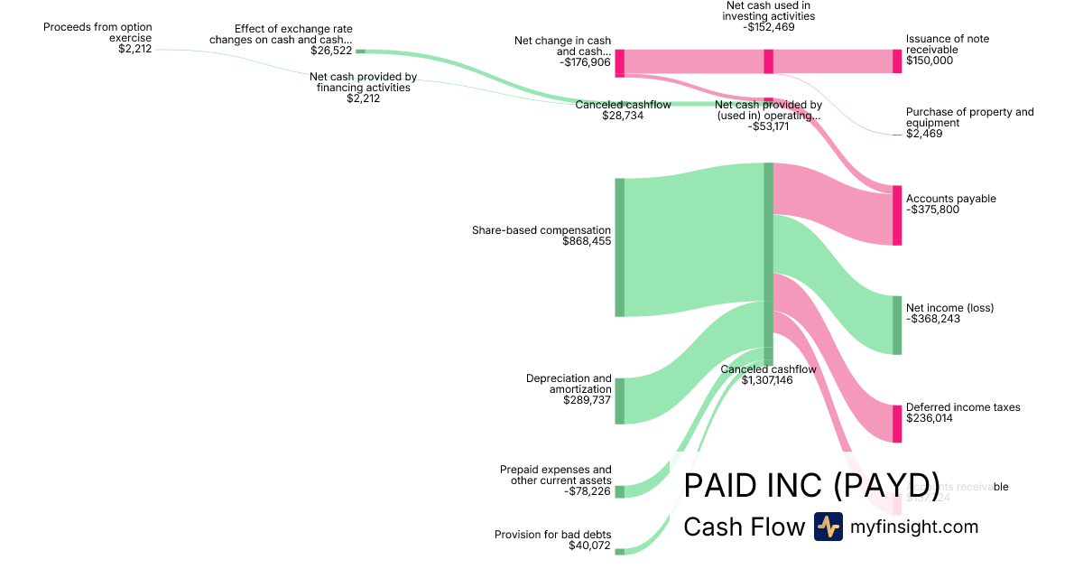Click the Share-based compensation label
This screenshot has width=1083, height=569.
[x=541, y=230]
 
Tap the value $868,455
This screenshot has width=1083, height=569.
[x=586, y=242]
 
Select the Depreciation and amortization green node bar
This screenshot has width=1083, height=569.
[x=619, y=401]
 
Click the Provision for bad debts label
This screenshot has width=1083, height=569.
[x=552, y=535]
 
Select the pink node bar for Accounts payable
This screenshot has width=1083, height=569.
[x=897, y=215]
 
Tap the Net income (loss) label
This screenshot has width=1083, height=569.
[x=949, y=308]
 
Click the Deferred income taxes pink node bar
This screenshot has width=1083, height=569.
[x=897, y=424]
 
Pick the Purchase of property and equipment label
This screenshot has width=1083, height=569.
[x=969, y=117]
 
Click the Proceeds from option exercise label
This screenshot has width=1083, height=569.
[x=97, y=33]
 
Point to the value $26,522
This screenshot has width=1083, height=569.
[x=331, y=51]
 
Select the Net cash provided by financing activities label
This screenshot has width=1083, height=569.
[x=363, y=82]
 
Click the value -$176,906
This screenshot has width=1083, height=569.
[x=585, y=62]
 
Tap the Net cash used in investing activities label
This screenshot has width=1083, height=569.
[x=768, y=11]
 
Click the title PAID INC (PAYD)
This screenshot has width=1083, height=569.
[x=811, y=486]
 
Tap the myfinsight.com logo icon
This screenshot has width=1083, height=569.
[x=828, y=527]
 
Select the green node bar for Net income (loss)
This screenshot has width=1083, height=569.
[x=897, y=325]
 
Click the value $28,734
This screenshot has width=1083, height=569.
[x=623, y=116]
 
